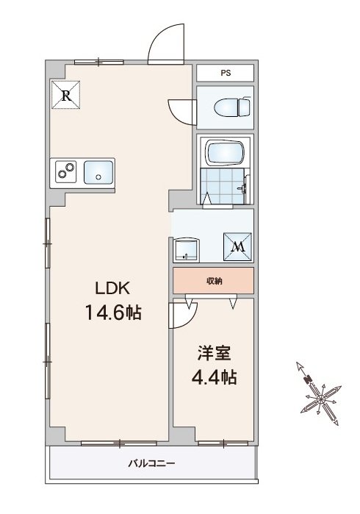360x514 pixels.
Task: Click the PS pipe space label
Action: coord(226,73)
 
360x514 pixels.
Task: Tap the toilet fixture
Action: coord(233,107)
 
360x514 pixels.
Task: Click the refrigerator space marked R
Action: coord(66,95)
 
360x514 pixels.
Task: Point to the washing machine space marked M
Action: coord(238,247)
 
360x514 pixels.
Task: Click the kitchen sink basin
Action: coord(98,172)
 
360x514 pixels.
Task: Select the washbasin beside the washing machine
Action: coord(186,250)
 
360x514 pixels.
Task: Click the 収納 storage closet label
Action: coord(215,281)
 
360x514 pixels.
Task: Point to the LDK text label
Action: coord(112,288)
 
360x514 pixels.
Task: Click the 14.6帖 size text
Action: coord(113,312)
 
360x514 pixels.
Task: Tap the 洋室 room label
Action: coord(215,353)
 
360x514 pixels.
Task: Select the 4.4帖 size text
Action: coord(215,377)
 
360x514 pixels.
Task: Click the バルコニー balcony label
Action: coord(151,464)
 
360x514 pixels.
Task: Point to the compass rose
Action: coord(320,394)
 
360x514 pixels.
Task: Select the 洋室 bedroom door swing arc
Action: coord(190,320)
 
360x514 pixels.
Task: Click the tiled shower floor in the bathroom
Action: coord(222,186)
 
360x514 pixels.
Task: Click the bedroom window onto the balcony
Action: coord(223,443)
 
